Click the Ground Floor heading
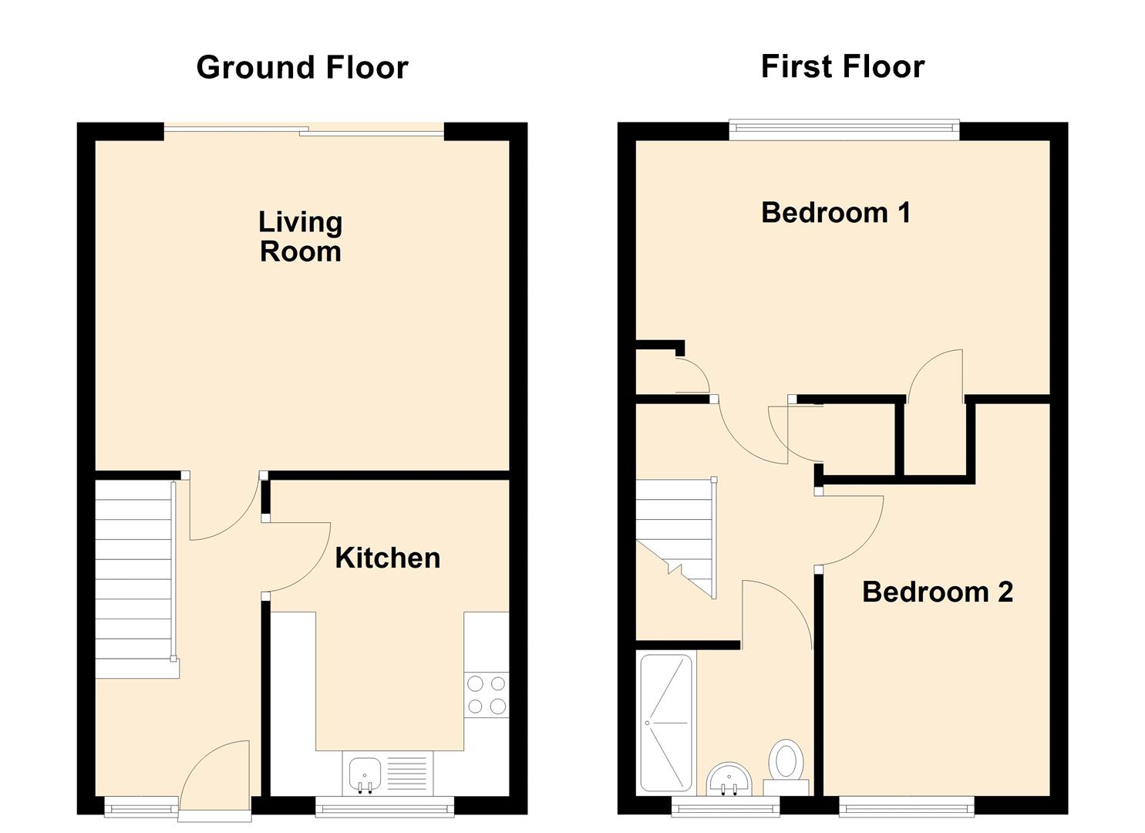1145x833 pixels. point(301,68)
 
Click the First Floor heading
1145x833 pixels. point(842,67)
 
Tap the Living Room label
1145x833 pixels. point(300,237)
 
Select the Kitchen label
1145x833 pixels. point(387,558)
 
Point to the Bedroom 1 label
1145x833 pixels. point(836,213)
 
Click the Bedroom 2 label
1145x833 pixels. point(937,592)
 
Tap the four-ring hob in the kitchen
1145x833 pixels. point(487,694)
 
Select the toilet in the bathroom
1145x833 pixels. point(787,760)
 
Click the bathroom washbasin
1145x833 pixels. point(729,777)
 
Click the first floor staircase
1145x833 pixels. point(675,532)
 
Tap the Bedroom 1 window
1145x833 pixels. point(844,130)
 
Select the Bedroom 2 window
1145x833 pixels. point(906,807)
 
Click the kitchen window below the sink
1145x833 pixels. point(384,807)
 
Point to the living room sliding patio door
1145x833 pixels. point(304,130)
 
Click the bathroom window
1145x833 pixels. point(725,807)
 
